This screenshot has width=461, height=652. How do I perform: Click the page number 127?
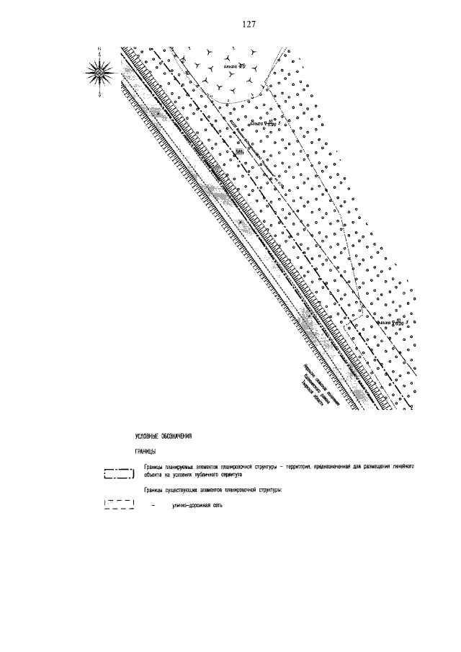[249, 24]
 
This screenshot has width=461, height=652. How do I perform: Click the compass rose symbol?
[99, 71]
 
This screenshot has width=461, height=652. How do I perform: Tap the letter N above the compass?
[99, 48]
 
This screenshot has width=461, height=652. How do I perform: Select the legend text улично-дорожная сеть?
[198, 506]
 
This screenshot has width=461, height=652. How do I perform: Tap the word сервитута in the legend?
[228, 475]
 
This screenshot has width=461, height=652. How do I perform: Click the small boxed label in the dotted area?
[240, 152]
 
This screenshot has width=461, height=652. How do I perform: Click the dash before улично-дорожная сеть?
[153, 506]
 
